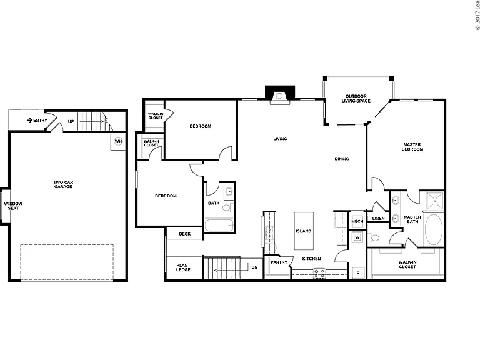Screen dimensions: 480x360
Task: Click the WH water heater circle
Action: (118, 141)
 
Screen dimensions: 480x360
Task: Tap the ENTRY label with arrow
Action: (37, 120)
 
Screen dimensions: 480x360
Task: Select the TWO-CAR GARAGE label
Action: (63, 184)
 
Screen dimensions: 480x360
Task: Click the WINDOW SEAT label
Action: (13, 206)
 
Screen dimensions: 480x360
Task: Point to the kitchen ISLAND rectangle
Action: (304, 231)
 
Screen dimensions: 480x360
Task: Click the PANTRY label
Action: (279, 262)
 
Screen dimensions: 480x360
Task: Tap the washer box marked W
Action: (357, 237)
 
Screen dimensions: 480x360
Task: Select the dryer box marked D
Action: (358, 272)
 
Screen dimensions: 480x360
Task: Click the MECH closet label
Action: (357, 221)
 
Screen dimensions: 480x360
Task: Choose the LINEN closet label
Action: (378, 218)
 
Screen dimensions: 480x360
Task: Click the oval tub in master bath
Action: (434, 229)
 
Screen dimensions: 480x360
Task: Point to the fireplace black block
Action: (280, 92)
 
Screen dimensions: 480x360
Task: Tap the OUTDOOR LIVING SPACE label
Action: (356, 98)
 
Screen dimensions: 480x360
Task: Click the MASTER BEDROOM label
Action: (412, 147)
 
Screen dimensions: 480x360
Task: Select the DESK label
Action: (184, 234)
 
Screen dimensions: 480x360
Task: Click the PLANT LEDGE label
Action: (183, 267)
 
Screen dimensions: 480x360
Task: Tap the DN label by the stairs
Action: (254, 267)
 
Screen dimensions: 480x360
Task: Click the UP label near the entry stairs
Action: (71, 121)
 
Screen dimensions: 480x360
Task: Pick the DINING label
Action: (342, 159)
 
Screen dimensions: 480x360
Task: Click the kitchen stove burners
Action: (319, 273)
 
